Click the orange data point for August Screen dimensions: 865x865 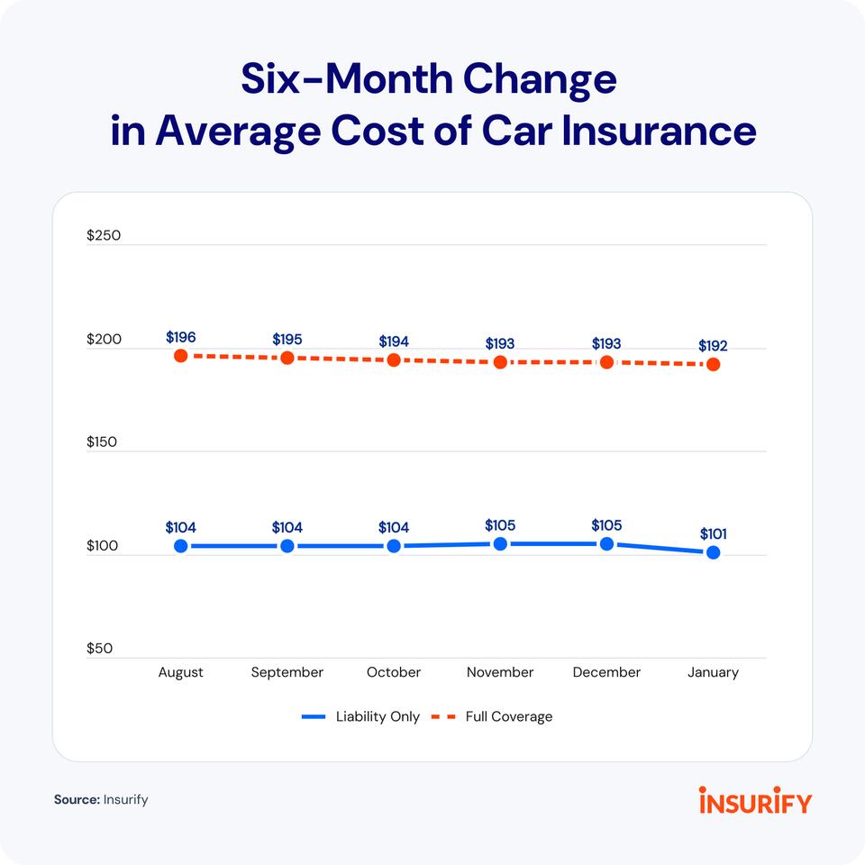coord(181,356)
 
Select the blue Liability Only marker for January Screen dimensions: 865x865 coord(713,552)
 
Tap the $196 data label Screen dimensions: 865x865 coord(181,337)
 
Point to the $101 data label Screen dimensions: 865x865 coord(713,533)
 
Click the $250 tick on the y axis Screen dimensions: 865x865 coord(104,236)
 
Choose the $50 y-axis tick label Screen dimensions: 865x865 coord(100,649)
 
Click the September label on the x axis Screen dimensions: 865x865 coord(287,672)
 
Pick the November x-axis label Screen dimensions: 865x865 coord(500,672)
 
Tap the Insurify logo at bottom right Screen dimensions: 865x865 coord(754,799)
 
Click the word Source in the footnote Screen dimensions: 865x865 coord(76,799)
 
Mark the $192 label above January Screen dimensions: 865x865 coord(713,345)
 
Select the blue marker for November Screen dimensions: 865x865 coord(500,544)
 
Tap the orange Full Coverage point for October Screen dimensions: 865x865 coord(394,360)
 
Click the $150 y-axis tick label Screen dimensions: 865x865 coord(104,443)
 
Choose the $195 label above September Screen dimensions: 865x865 coord(287,339)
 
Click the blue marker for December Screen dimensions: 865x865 coord(606,544)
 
